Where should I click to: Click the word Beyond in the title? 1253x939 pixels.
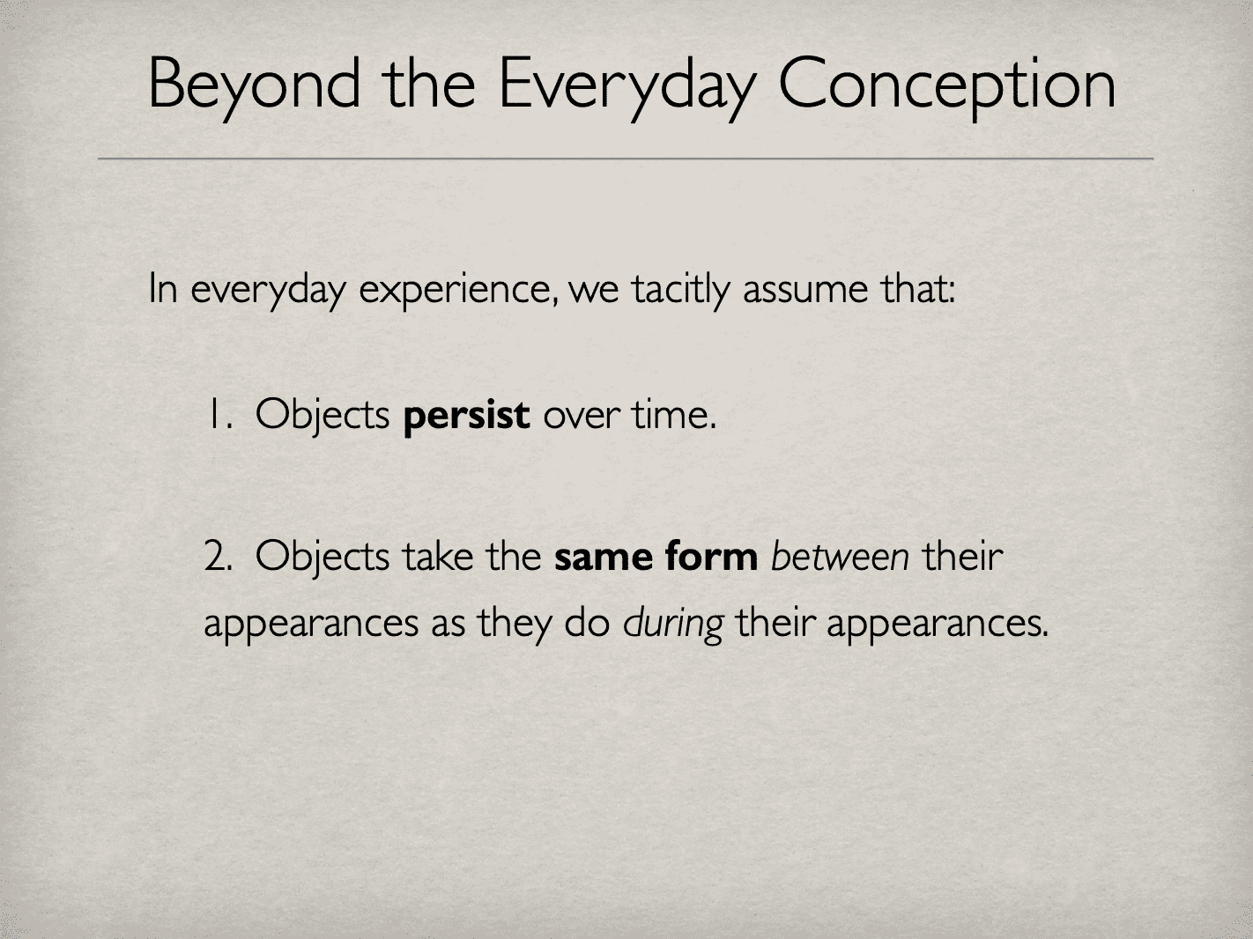(x=254, y=85)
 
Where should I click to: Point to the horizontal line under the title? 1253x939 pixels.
(x=626, y=159)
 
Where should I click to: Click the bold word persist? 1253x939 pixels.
(x=466, y=415)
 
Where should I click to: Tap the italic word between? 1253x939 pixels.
(x=840, y=558)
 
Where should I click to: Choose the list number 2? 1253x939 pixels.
(x=217, y=558)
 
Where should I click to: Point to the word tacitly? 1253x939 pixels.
(x=679, y=290)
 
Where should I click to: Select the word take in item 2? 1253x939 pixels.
(x=438, y=558)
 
